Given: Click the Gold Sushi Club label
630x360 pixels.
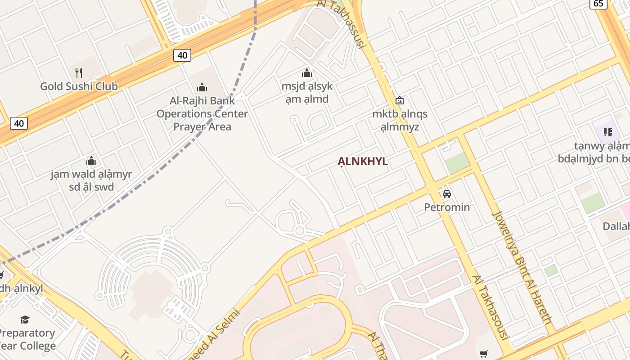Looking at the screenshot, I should pyautogui.click(x=79, y=86).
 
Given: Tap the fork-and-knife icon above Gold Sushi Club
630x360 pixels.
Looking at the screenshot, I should pyautogui.click(x=79, y=72).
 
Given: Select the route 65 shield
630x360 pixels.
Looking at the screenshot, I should pyautogui.click(x=598, y=4).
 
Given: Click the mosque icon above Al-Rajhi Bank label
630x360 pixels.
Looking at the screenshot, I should pyautogui.click(x=202, y=87).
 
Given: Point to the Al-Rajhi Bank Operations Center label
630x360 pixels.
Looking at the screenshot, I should pyautogui.click(x=202, y=113).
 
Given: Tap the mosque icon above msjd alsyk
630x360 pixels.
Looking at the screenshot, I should pyautogui.click(x=307, y=73).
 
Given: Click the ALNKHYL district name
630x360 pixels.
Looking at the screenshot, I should pyautogui.click(x=363, y=162).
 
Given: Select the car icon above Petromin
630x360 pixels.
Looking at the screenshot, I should pyautogui.click(x=446, y=194).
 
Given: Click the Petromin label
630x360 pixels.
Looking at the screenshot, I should pyautogui.click(x=447, y=207).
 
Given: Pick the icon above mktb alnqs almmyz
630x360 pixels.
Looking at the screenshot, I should pyautogui.click(x=399, y=101).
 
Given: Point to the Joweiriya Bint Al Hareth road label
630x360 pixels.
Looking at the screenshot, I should pyautogui.click(x=522, y=268).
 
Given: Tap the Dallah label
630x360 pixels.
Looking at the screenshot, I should pyautogui.click(x=616, y=226).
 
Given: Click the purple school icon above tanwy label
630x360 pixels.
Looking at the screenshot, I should pyautogui.click(x=608, y=132).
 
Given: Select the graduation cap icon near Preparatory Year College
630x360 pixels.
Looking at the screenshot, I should pyautogui.click(x=25, y=319).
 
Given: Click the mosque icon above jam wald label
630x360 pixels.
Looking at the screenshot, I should pyautogui.click(x=91, y=161).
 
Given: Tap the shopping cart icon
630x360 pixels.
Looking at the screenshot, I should pyautogui.click(x=483, y=354).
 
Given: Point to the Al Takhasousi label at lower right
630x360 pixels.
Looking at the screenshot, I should pyautogui.click(x=490, y=307).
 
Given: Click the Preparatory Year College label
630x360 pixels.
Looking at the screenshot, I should pyautogui.click(x=27, y=339).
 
